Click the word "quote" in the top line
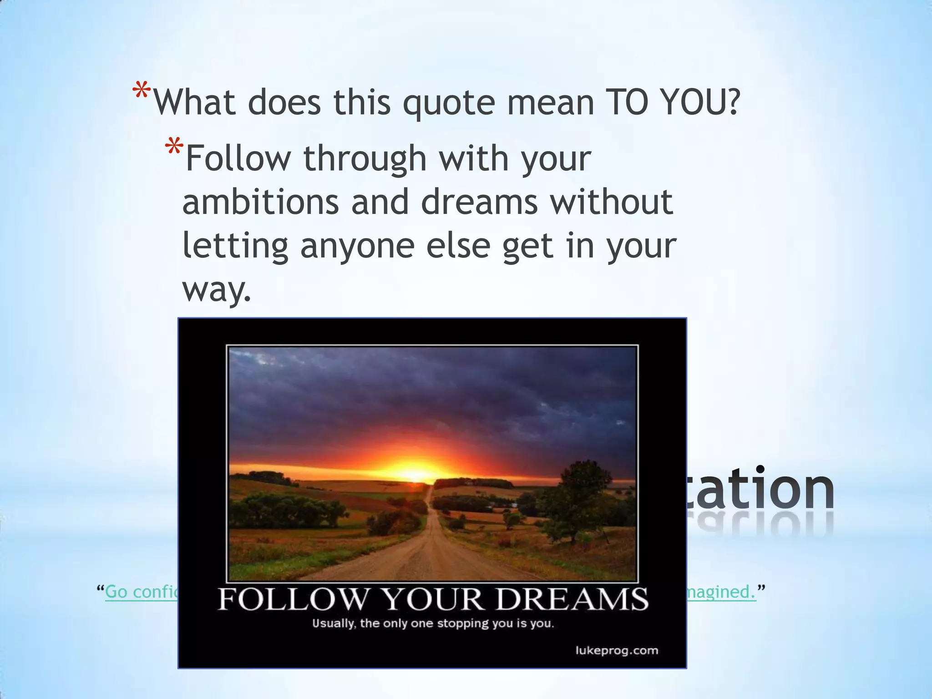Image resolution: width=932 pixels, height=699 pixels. (x=449, y=104)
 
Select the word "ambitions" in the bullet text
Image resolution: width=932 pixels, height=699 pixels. (x=260, y=202)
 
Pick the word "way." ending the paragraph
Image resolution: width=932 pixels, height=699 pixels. (x=217, y=289)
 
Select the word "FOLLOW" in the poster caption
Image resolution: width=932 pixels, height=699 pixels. (x=292, y=599)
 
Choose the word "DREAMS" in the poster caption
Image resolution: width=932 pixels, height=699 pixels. (x=572, y=599)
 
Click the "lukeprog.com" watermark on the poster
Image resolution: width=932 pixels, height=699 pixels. (x=617, y=650)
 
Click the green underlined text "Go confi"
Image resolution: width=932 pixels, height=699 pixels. (x=141, y=592)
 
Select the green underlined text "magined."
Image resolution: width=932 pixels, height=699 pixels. (x=721, y=592)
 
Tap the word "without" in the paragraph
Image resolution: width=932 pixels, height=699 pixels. (x=612, y=202)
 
